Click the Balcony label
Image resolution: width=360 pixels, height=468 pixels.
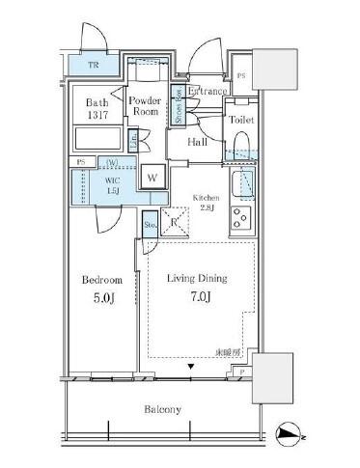[163, 409]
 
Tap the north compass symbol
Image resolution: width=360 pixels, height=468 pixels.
[289, 434]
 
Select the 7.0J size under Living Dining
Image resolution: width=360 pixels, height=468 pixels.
[199, 297]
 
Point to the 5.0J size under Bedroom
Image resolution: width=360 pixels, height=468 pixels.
[99, 297]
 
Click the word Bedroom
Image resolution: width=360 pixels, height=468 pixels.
[100, 279]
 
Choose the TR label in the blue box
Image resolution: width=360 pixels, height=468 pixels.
[94, 66]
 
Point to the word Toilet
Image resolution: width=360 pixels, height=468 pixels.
[241, 120]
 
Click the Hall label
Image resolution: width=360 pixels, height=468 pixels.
[198, 142]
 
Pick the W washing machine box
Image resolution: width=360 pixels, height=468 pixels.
[152, 177]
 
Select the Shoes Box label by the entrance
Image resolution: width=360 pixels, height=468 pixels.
[178, 104]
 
